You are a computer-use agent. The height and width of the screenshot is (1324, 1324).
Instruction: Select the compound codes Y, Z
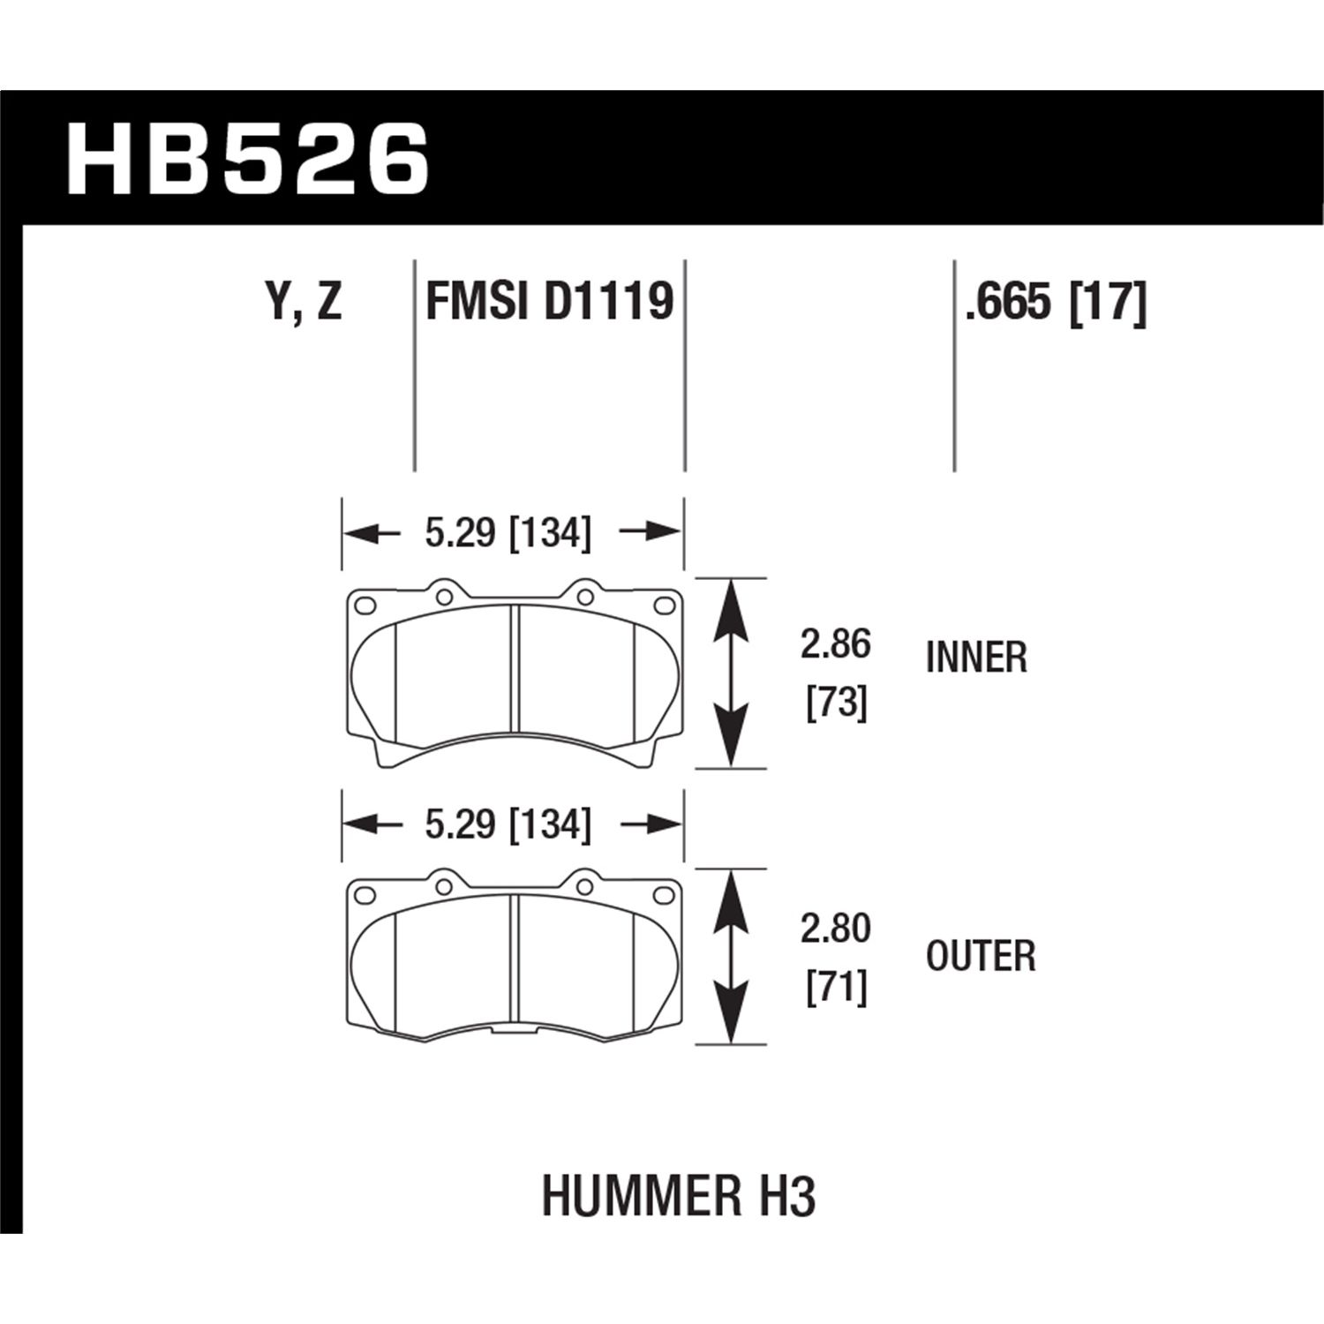pyautogui.click(x=303, y=302)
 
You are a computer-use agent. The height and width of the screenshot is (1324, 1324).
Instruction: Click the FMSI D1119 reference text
pyautogui.click(x=549, y=302)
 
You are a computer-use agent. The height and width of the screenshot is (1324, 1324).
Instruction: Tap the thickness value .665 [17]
pyautogui.click(x=1056, y=302)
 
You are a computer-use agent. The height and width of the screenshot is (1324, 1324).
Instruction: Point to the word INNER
pyautogui.click(x=976, y=658)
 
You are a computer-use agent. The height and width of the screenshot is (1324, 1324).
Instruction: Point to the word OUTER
pyautogui.click(x=981, y=956)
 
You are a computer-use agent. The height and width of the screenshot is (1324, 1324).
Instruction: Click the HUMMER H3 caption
pyautogui.click(x=678, y=1196)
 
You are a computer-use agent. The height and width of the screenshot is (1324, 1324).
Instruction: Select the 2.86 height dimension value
pyautogui.click(x=836, y=644)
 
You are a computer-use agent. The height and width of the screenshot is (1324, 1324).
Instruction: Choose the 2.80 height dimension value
pyautogui.click(x=836, y=929)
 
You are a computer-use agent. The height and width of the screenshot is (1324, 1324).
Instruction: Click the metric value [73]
pyautogui.click(x=836, y=703)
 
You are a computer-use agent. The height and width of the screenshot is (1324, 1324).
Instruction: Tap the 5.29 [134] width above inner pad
pyautogui.click(x=508, y=533)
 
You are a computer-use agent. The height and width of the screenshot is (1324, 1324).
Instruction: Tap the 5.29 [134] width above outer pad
pyautogui.click(x=508, y=825)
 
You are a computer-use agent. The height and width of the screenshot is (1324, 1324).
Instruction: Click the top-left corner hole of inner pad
pyautogui.click(x=365, y=606)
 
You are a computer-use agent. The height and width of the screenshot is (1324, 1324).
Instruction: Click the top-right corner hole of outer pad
pyautogui.click(x=662, y=894)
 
